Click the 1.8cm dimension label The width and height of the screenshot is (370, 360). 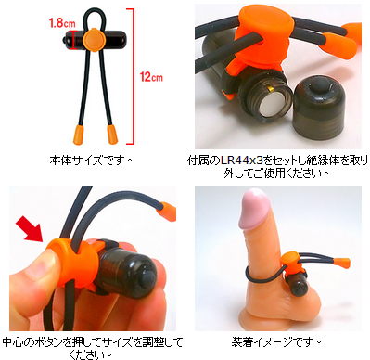pos(62,23)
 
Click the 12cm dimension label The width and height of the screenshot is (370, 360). pos(151,77)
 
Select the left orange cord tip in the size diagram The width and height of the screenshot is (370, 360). pos(79,135)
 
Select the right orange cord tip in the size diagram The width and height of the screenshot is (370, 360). pos(112,135)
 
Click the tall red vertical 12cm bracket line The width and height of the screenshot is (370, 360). pos(133,76)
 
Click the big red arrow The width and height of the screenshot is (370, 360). pos(30,229)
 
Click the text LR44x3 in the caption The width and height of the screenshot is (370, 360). pos(242,161)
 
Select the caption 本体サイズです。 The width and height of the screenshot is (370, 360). pos(91,161)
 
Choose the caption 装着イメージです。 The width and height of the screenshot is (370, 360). pos(276,342)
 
